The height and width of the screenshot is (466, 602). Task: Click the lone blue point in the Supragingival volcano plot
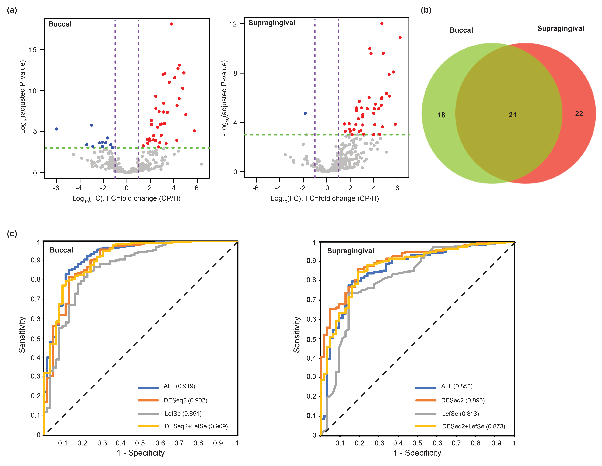[305, 113]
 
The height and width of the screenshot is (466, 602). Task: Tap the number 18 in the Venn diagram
[441, 115]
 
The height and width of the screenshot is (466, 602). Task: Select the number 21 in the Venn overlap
[512, 115]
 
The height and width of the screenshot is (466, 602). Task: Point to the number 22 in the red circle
[579, 113]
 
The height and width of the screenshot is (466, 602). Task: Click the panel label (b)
[426, 10]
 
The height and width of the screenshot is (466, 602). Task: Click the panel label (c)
[12, 234]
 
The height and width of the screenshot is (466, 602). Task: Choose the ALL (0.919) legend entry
[179, 386]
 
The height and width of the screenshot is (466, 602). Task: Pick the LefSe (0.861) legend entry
[183, 414]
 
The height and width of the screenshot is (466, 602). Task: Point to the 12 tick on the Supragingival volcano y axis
[233, 24]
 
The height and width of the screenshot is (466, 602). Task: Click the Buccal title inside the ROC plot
[61, 250]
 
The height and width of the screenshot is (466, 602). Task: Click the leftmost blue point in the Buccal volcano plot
[57, 129]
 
